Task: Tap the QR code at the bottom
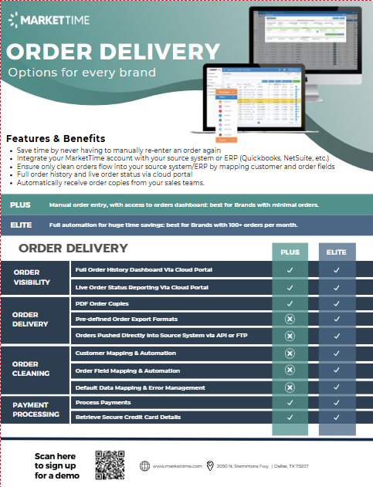110,465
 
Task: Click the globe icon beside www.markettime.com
144,466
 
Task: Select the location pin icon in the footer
209,466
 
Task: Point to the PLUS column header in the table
290,252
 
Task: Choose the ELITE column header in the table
337,252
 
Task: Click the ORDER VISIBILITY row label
32,278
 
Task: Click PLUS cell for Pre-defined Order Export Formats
290,319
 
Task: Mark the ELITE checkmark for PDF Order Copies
337,304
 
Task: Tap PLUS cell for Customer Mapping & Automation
290,353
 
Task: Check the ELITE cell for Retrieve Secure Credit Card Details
337,417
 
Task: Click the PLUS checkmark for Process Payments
290,403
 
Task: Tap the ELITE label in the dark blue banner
22,225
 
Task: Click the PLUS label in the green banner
21,205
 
